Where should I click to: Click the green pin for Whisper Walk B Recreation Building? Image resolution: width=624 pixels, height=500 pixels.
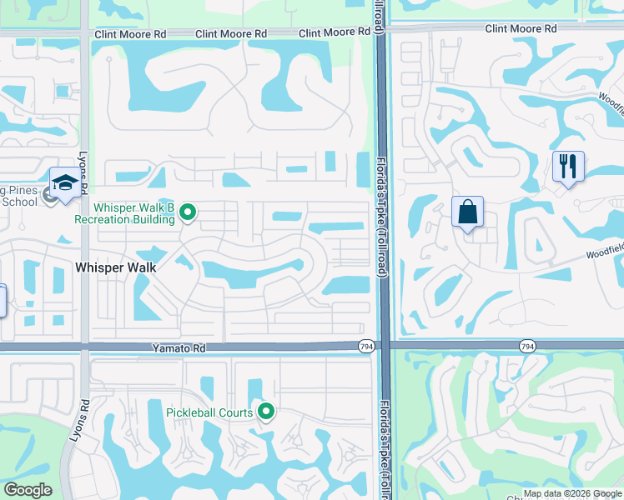[188, 213]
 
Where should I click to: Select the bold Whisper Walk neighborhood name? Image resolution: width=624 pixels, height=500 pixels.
[116, 267]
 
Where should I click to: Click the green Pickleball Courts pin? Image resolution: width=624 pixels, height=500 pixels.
[266, 411]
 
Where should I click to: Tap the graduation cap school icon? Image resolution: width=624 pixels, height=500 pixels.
[65, 182]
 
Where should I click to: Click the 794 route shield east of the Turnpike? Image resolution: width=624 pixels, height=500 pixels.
[526, 346]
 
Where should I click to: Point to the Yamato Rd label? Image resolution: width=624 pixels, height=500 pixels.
[177, 348]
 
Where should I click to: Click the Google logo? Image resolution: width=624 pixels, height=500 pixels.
[27, 490]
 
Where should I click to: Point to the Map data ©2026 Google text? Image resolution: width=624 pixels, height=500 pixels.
[572, 493]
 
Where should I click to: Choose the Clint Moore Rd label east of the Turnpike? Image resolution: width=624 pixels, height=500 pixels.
[521, 28]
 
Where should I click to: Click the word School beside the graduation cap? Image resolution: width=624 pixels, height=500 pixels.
[21, 202]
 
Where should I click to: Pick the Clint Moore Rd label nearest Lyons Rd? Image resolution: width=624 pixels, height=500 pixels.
[130, 34]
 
